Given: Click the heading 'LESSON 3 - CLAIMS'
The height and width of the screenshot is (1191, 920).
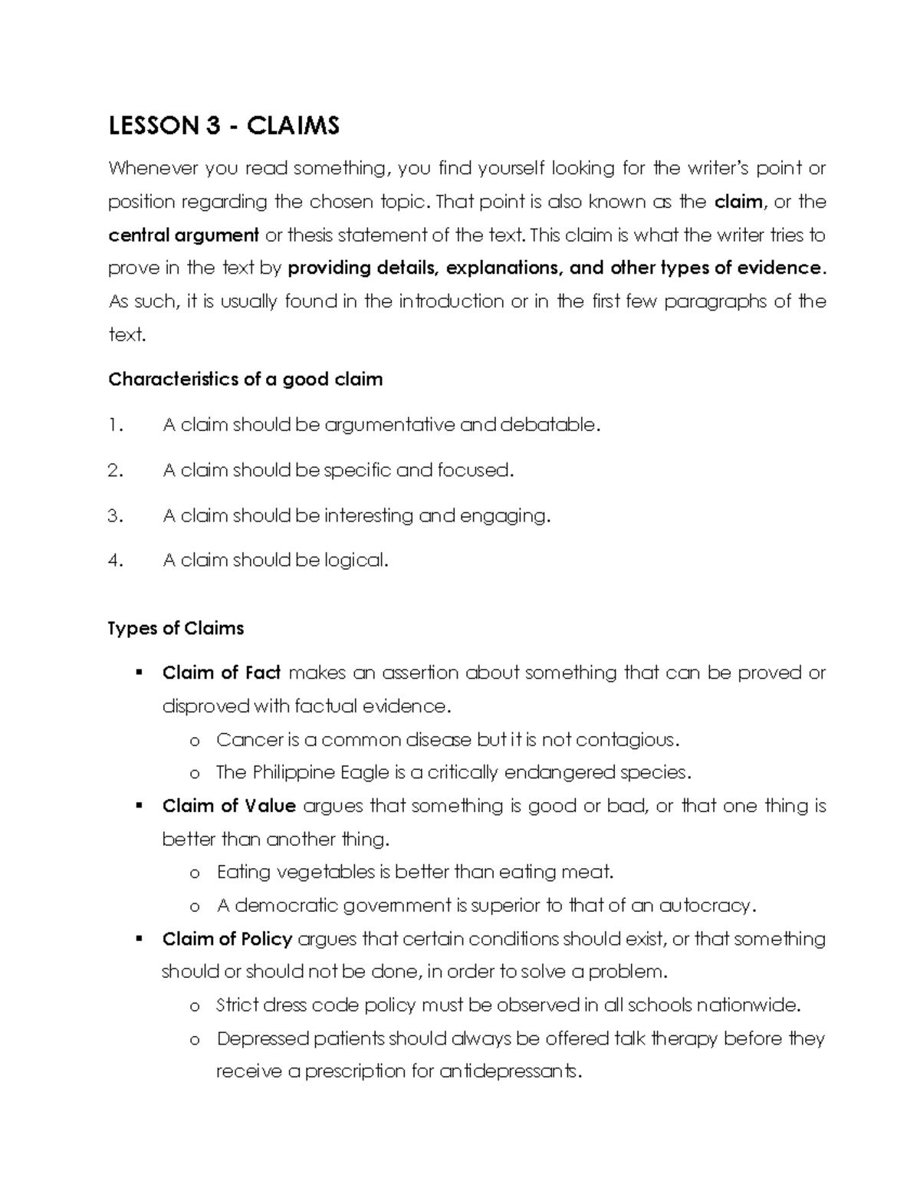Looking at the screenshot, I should (x=224, y=125).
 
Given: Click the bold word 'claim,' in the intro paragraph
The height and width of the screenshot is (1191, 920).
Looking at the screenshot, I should (x=739, y=202).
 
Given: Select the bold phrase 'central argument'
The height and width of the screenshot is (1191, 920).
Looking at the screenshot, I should (x=184, y=235).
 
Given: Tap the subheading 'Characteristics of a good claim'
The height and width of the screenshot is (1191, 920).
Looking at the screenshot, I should (x=245, y=380).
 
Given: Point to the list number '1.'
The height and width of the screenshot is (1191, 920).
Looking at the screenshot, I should (x=115, y=425).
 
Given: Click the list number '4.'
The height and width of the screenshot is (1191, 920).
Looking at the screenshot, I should (x=115, y=561).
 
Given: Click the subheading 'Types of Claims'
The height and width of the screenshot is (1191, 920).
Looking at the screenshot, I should (x=176, y=628).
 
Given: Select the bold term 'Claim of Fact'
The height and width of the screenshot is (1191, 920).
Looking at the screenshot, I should (x=222, y=673).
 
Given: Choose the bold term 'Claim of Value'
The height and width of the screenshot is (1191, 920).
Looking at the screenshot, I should (x=228, y=806).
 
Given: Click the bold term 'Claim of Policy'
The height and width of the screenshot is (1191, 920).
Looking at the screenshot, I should (x=227, y=939).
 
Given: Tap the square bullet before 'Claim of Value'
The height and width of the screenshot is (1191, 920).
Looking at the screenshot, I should (x=139, y=806).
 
